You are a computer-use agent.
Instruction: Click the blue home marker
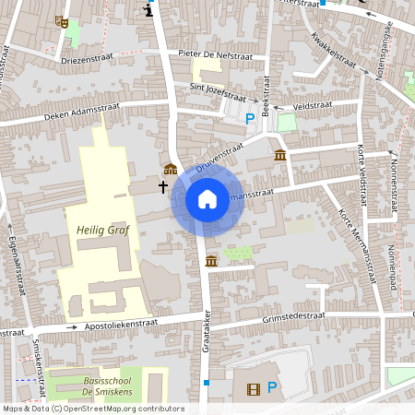[x=207, y=198]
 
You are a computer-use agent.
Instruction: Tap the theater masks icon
[x=62, y=21]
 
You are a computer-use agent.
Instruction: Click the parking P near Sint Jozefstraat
[x=250, y=117]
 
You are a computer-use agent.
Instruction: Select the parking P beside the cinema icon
[x=272, y=388]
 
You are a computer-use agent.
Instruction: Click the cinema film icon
[x=254, y=388]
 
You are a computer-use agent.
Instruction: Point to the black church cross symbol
[x=163, y=186]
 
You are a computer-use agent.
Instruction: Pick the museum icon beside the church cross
[x=170, y=169]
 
